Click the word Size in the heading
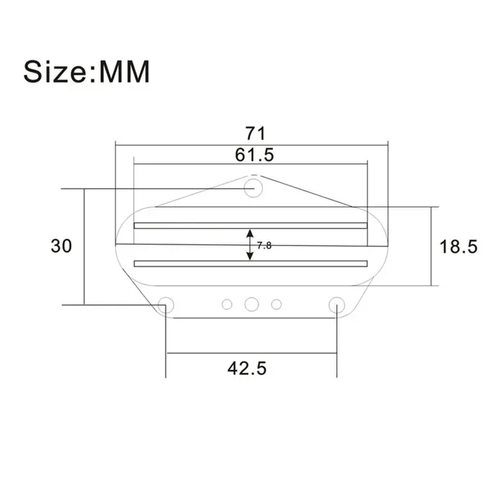[56, 71]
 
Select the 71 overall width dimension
[255, 133]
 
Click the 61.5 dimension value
[254, 154]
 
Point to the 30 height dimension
[61, 246]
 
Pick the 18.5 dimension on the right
[459, 246]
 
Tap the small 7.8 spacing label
[264, 246]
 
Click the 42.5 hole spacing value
[247, 368]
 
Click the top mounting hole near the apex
[253, 189]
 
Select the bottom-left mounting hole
[166, 305]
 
